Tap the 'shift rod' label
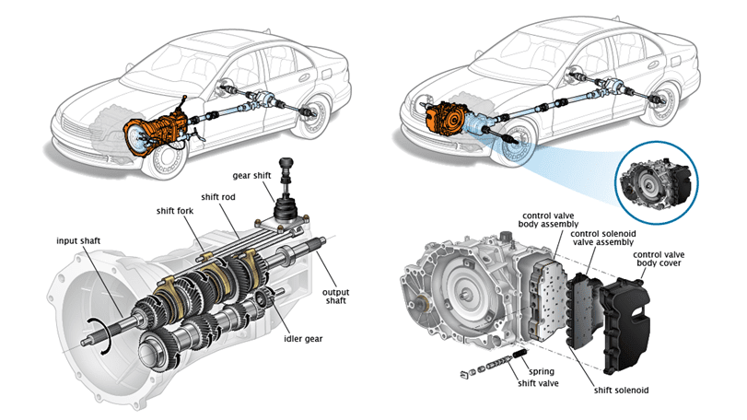pos(219,195)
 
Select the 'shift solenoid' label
pos(622,390)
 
